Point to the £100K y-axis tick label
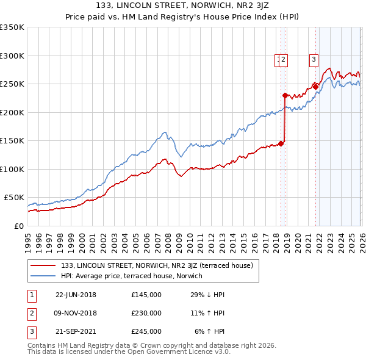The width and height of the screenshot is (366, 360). pyautogui.click(x=12, y=169)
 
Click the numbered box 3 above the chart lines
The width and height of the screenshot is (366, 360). pyautogui.click(x=314, y=60)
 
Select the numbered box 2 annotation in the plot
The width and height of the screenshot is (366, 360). pyautogui.click(x=285, y=60)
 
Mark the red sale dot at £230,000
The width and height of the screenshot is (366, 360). pyautogui.click(x=285, y=95)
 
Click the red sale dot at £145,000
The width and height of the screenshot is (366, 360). pyautogui.click(x=281, y=143)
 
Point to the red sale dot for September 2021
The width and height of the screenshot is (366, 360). pyautogui.click(x=315, y=87)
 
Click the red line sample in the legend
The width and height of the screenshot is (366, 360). pyautogui.click(x=44, y=265)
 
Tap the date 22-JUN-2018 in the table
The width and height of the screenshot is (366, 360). pyautogui.click(x=76, y=295)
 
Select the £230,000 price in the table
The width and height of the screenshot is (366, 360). pyautogui.click(x=146, y=313)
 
